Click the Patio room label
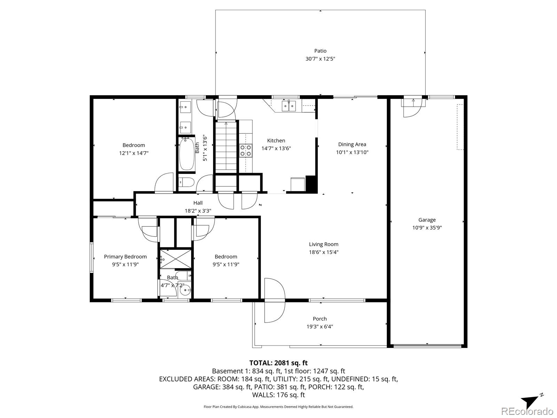(320, 51)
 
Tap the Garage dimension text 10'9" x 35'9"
(427, 228)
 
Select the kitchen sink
(289, 106)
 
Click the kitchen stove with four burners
(246, 150)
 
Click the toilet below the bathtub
(186, 182)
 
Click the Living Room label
(323, 244)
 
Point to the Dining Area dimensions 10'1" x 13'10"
(352, 152)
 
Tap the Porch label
(320, 319)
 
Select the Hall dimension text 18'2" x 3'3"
(198, 211)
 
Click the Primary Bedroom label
(125, 257)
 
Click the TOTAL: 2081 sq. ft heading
(278, 363)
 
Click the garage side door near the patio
(413, 107)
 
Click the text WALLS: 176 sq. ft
(278, 395)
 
